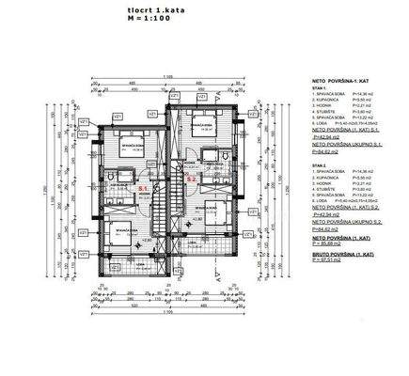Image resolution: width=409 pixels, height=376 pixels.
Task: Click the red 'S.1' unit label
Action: [x=143, y=188]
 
